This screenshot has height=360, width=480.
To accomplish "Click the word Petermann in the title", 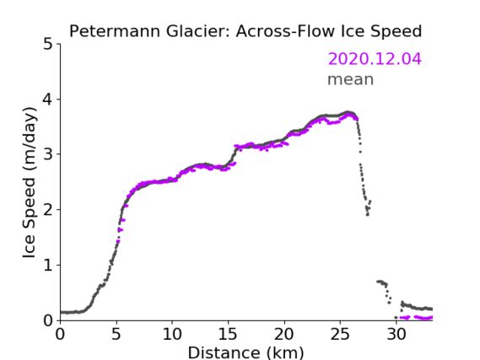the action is [115, 31].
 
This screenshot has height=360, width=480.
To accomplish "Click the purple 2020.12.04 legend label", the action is [375, 59].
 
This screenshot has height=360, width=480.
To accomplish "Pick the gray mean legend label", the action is [351, 79].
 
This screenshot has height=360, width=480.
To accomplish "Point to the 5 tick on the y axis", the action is [48, 45].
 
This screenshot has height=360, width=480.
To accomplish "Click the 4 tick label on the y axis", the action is [48, 99].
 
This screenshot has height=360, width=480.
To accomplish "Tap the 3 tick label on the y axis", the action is [48, 154].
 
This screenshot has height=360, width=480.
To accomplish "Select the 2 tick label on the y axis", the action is [48, 210].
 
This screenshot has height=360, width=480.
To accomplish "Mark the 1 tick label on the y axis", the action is [48, 266].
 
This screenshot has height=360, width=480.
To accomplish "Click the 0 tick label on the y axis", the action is [48, 320].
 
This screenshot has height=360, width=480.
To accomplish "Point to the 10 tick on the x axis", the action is [172, 334].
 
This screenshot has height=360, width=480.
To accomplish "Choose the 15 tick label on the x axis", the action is [228, 334].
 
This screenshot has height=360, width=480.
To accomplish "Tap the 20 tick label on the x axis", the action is [284, 334].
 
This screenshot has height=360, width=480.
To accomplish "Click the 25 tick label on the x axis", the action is [340, 334].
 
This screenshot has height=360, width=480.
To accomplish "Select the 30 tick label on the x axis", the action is [396, 334].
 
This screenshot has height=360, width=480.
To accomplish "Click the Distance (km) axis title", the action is [245, 352].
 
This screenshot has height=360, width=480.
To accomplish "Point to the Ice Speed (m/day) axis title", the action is [30, 183].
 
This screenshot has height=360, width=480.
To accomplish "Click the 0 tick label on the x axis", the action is [60, 334].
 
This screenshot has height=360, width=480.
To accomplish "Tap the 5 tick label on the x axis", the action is [116, 334].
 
